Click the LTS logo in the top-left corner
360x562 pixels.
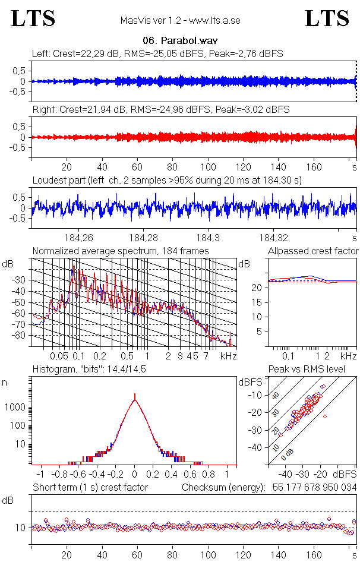pos(33,18)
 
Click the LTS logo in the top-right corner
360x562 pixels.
pos(327,18)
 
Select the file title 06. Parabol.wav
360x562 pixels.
pos(180,40)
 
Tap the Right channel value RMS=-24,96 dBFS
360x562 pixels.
pos(170,109)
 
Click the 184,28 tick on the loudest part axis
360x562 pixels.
pos(143,238)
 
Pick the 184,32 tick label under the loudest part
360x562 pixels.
pos(273,238)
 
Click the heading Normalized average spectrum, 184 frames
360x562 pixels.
pos(121,251)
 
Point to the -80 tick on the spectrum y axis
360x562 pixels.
pos(19,336)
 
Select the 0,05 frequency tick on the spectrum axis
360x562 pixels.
pos(59,356)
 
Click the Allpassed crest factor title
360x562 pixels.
pos(313,251)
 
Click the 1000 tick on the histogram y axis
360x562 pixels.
pos(15,408)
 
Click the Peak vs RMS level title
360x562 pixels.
pos(307,369)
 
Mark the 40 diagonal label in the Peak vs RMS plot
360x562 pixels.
pos(276,395)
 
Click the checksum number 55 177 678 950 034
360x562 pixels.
pos(314,488)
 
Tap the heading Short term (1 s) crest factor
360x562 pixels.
pos(90,488)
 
